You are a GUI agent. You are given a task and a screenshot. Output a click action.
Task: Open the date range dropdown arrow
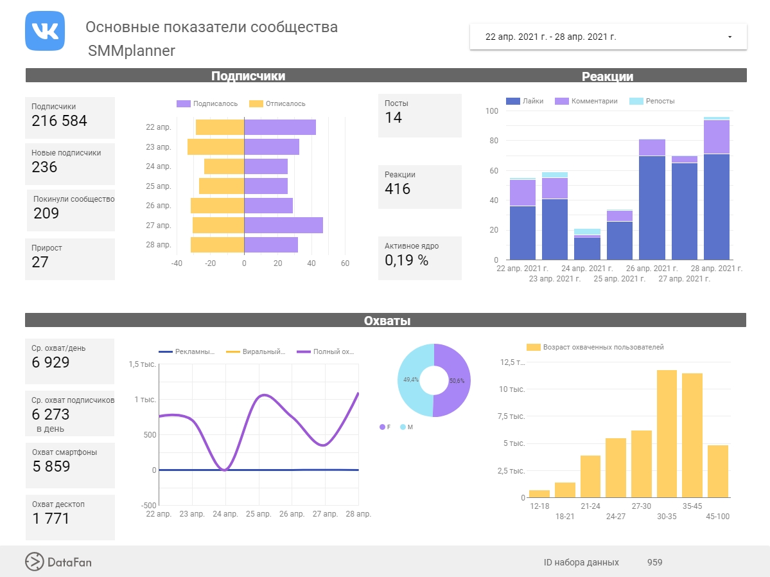(x=730, y=37)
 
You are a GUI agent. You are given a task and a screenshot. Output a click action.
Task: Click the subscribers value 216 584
(x=59, y=121)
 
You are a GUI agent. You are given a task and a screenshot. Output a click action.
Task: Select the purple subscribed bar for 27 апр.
(x=283, y=225)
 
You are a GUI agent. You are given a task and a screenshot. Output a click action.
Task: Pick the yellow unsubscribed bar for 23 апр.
(x=216, y=146)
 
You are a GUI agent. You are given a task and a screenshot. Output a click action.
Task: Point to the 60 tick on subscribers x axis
(x=345, y=263)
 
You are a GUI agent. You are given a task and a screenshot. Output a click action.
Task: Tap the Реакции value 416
(x=398, y=189)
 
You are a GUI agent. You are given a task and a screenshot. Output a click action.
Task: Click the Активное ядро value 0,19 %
(x=407, y=260)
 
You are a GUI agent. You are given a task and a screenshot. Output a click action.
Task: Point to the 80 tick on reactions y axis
(x=493, y=141)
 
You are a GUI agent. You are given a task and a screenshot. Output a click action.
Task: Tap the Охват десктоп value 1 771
(x=51, y=519)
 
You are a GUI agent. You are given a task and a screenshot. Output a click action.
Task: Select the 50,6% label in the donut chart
(x=457, y=381)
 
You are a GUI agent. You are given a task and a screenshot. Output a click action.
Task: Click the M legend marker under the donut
(x=403, y=427)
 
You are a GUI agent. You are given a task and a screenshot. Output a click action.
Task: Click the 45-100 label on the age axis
(x=717, y=517)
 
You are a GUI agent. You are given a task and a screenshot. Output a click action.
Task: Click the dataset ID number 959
(x=654, y=562)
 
